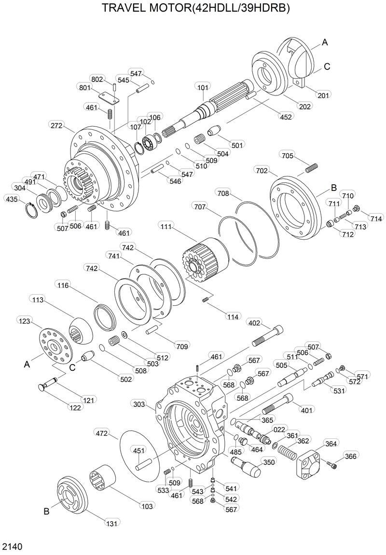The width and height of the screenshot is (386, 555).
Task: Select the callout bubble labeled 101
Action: [203, 87]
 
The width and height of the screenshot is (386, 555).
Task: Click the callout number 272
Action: [57, 125]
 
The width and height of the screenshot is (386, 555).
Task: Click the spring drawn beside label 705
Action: [312, 168]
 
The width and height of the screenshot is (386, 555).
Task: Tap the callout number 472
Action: [101, 434]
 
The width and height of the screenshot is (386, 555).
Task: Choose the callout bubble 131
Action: [112, 522]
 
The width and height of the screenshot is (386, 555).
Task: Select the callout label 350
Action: [268, 462]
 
